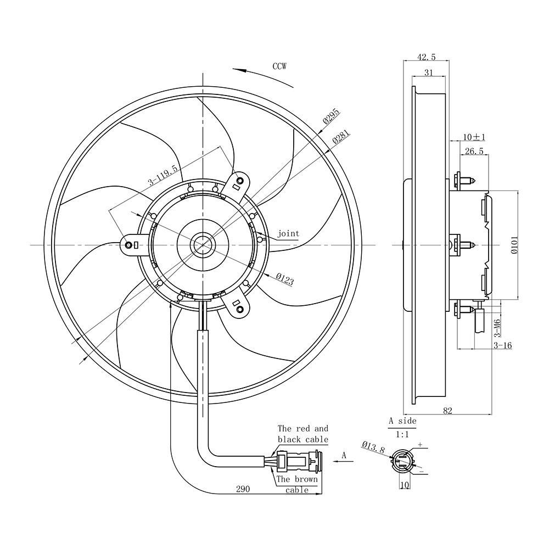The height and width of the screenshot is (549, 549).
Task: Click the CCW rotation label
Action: pos(279,66)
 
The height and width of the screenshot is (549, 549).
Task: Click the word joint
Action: pos(288,233)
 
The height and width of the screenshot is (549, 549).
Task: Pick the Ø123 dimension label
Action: pos(284,279)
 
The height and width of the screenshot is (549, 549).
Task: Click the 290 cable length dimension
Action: pos(243,489)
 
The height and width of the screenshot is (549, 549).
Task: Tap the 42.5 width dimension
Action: pos(426,57)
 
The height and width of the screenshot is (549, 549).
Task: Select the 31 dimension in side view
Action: pos(429,72)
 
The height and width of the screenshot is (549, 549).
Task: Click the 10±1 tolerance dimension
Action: pos(474,137)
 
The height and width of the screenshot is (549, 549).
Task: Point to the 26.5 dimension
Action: pos(474,151)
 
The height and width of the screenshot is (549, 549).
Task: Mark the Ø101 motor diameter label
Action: pos(514,245)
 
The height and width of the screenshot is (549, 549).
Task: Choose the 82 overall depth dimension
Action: pos(448,411)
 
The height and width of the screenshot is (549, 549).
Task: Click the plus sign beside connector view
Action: pos(420,445)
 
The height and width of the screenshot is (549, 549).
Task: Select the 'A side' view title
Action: pos(402,421)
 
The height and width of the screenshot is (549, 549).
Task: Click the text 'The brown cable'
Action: pos(297,484)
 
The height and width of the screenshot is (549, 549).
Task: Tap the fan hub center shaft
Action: pos(203,245)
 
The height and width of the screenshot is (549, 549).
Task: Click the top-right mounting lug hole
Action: pos(240,181)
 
